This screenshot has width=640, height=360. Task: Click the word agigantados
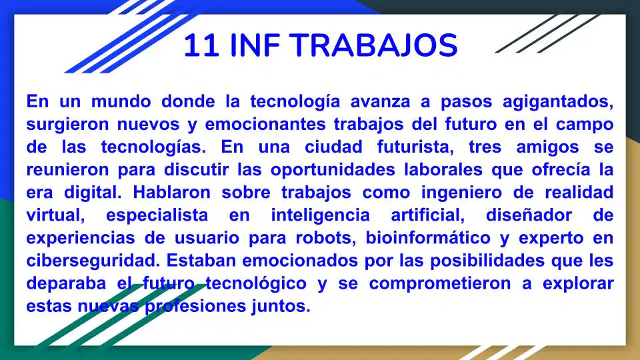click(558, 102)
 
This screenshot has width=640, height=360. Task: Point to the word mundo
click(121, 101)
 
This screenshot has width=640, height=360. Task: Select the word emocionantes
click(265, 125)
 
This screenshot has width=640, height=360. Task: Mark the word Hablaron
click(171, 193)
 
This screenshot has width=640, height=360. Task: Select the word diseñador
click(529, 215)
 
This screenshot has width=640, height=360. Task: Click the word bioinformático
click(428, 238)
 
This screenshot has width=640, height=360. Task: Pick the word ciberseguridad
click(93, 261)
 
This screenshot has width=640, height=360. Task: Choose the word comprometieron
click(440, 284)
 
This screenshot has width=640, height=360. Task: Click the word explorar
click(578, 284)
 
